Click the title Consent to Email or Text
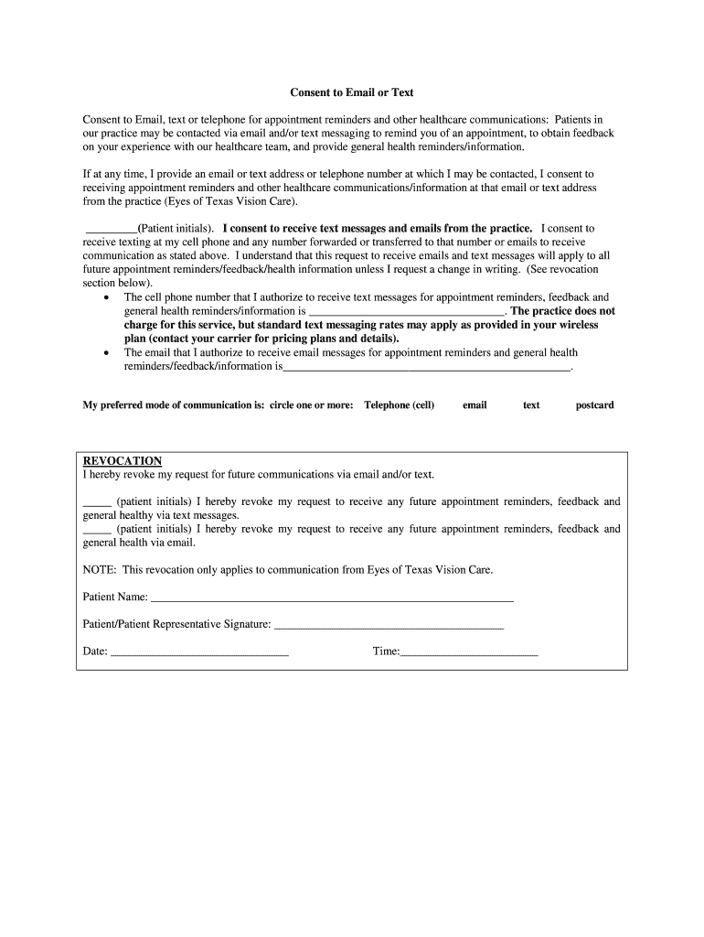(x=352, y=92)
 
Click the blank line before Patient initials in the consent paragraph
(x=111, y=230)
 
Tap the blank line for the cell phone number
(x=406, y=313)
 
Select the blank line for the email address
(x=427, y=368)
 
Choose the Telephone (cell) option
(x=399, y=405)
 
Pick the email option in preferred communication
(x=475, y=405)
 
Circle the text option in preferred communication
(x=531, y=405)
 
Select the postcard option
(x=594, y=405)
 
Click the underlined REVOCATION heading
(x=123, y=461)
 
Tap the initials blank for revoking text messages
(x=97, y=503)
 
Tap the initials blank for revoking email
(x=97, y=531)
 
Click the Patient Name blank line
(x=332, y=599)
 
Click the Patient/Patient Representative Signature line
(x=389, y=627)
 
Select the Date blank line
(x=199, y=654)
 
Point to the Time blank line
(x=469, y=654)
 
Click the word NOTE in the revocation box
(x=98, y=570)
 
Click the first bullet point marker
(x=110, y=298)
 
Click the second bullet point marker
(x=110, y=353)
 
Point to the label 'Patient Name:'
(x=115, y=598)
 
